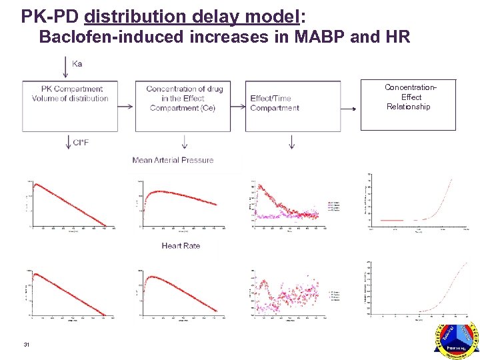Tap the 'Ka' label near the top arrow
point(77,64)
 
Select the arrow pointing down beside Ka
point(65,65)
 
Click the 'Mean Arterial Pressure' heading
point(173,160)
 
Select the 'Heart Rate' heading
point(181,246)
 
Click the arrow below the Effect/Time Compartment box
point(291,141)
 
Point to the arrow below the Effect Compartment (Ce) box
point(184,141)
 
